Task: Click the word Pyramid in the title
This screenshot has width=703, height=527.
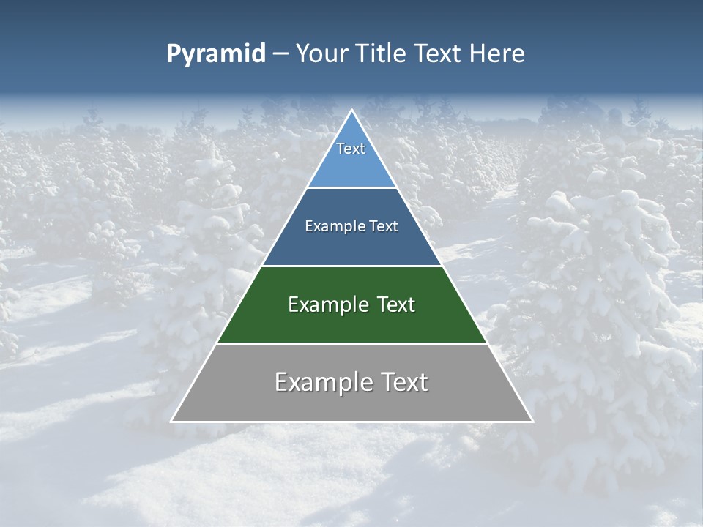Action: point(216,54)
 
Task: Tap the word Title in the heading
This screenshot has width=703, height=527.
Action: point(379,54)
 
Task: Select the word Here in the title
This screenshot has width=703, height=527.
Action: point(497,54)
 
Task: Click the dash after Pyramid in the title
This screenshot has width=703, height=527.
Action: point(280,54)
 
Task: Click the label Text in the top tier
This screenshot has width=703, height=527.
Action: point(351,149)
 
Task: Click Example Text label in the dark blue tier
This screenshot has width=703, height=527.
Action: point(351,226)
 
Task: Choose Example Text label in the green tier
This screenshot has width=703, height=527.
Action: point(351,304)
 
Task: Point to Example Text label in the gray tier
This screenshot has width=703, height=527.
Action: point(351,382)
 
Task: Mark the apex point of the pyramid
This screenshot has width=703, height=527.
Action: point(352,111)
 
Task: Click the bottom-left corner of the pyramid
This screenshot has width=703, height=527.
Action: point(171,422)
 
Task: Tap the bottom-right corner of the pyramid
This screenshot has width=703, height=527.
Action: point(532,422)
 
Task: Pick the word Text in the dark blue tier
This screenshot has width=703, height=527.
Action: point(384,226)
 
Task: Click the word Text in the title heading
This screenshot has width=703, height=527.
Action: point(440,54)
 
